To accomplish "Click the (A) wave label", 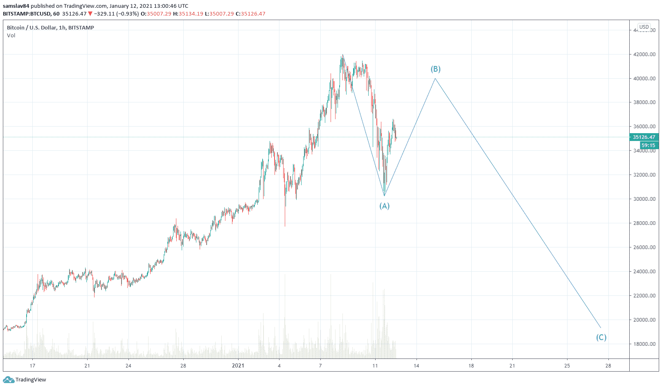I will pyautogui.click(x=384, y=206).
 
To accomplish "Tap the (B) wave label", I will pyautogui.click(x=435, y=69).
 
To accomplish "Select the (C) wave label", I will pyautogui.click(x=601, y=338).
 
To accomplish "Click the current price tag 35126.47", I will pyautogui.click(x=644, y=137).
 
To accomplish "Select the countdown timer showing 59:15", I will pyautogui.click(x=648, y=145).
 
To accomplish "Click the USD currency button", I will pyautogui.click(x=644, y=27).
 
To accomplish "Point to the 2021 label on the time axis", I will pyautogui.click(x=238, y=365).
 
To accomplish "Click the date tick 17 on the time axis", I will pyautogui.click(x=32, y=365).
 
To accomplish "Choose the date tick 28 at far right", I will pyautogui.click(x=608, y=365).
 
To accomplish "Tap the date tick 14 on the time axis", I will pyautogui.click(x=416, y=365).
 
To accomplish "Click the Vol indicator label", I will pyautogui.click(x=11, y=36).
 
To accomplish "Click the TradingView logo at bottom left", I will pyautogui.click(x=25, y=380).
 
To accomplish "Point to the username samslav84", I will pyautogui.click(x=16, y=6).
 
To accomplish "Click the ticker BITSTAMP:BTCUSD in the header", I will pyautogui.click(x=27, y=14).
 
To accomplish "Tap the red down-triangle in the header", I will pyautogui.click(x=90, y=14).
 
